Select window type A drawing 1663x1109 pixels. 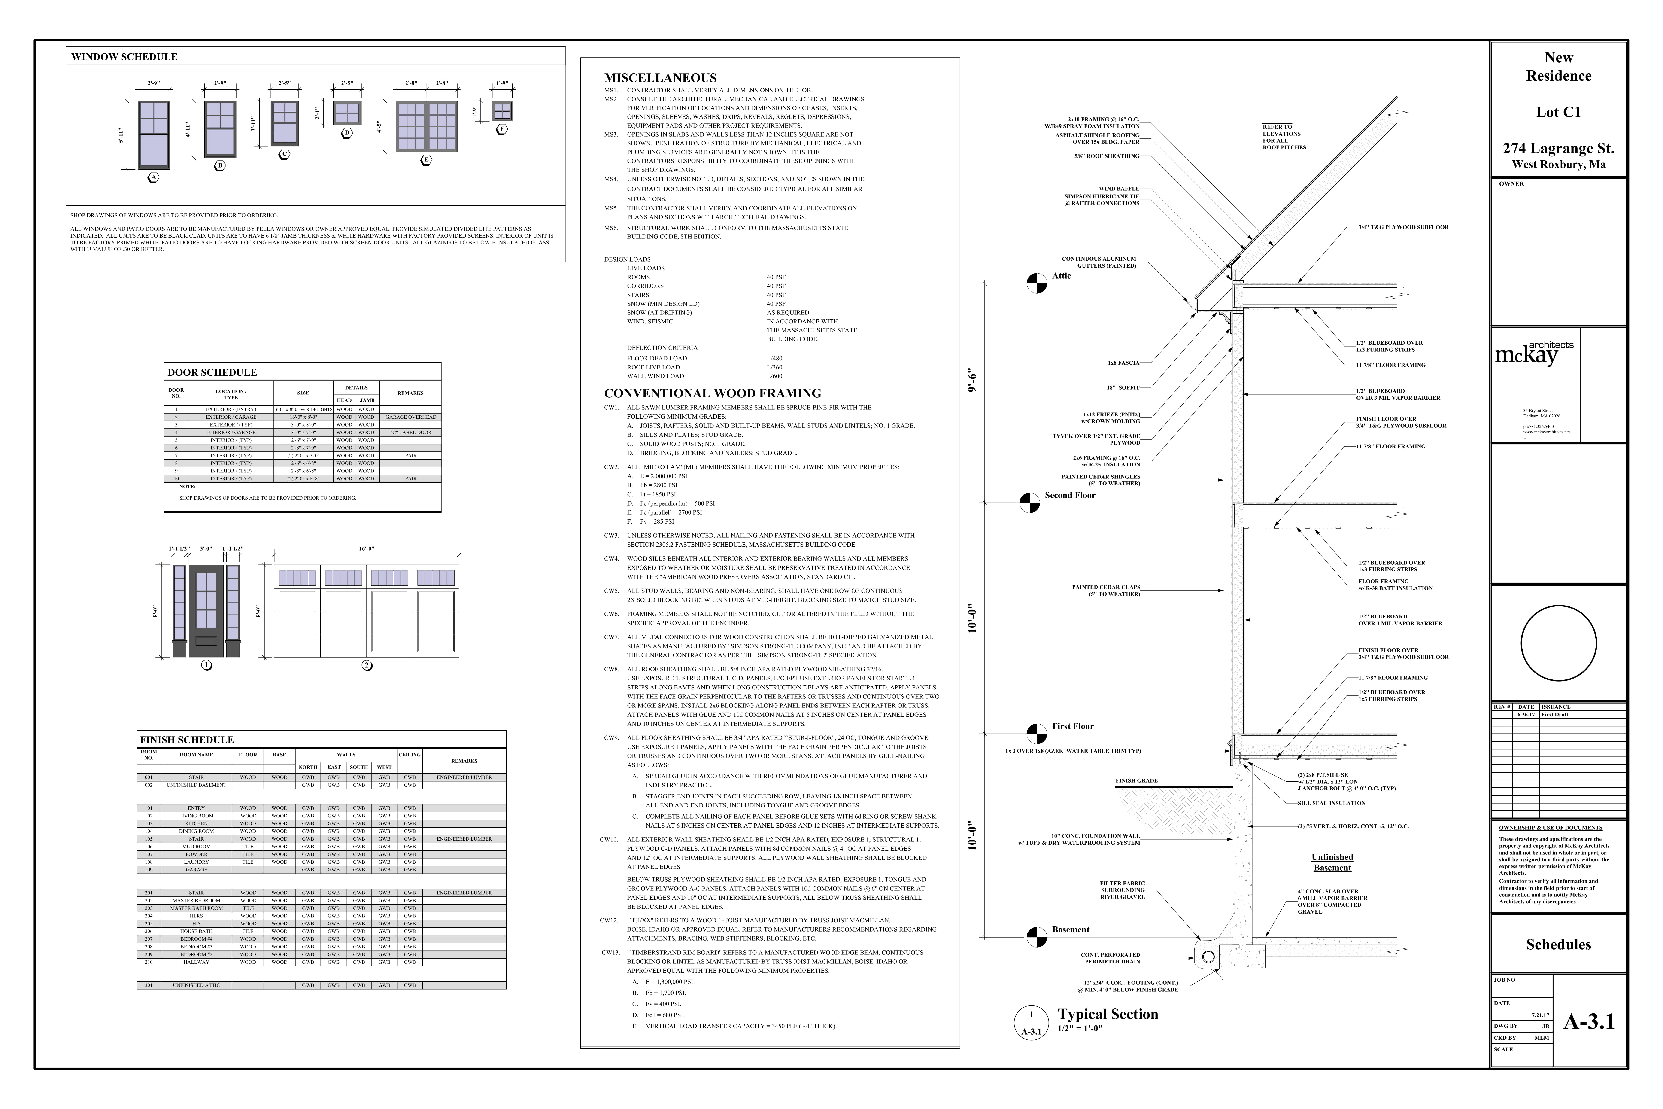(153, 135)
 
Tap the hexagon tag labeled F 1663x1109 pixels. (502, 129)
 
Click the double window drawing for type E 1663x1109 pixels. (426, 127)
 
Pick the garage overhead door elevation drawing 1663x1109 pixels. (366, 611)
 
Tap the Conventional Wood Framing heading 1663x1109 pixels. (712, 393)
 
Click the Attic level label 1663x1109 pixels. (1061, 276)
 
